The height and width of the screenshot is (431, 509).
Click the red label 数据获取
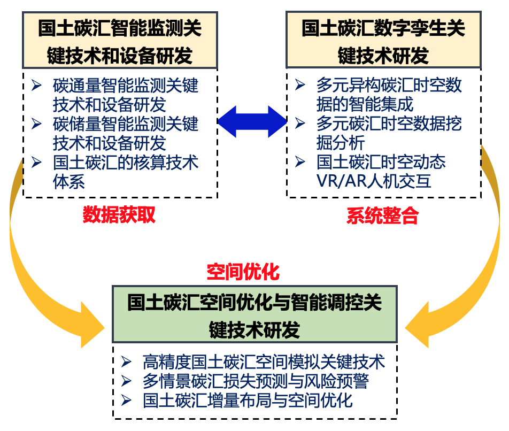[119, 214]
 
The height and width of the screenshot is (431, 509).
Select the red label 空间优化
[243, 272]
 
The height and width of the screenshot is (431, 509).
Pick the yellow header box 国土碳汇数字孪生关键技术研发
[383, 41]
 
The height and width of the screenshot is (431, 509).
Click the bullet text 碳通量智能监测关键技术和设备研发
[126, 94]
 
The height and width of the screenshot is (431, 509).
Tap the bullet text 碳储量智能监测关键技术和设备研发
[126, 134]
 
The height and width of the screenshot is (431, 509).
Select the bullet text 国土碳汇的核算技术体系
[126, 171]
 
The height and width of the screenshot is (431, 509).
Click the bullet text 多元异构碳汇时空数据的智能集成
[389, 94]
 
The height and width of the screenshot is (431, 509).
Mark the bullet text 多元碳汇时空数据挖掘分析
[389, 133]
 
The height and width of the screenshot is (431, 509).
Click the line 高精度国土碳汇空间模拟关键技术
[264, 363]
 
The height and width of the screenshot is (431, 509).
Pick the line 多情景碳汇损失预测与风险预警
[256, 381]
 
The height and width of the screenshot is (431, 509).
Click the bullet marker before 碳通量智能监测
[36, 86]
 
